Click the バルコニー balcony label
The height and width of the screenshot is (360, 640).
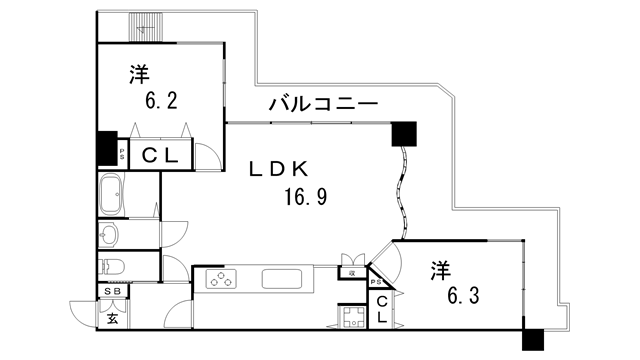click(x=322, y=104)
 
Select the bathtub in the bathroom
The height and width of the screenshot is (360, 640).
click(x=110, y=193)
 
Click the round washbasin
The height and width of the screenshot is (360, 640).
click(x=109, y=234)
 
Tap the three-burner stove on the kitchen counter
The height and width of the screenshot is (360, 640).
click(x=220, y=279)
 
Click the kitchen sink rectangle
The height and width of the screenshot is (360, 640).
click(x=286, y=278)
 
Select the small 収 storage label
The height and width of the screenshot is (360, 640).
click(x=352, y=272)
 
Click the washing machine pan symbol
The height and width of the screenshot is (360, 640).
click(x=354, y=317)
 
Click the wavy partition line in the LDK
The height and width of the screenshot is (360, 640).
click(x=405, y=190)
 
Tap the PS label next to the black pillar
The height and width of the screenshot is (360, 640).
click(x=122, y=154)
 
